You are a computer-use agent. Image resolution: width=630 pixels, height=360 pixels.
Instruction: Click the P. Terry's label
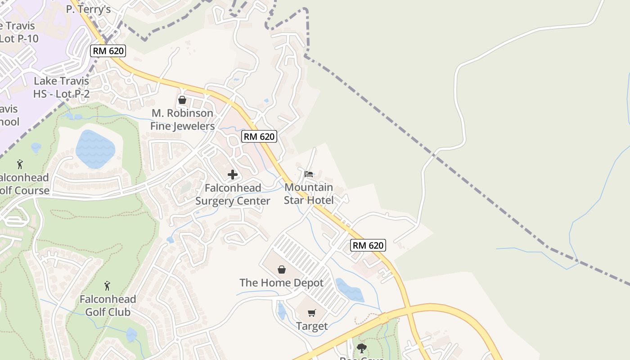pyautogui.click(x=88, y=9)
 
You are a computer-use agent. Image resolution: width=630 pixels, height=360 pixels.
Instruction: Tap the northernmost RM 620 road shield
pyautogui.click(x=108, y=50)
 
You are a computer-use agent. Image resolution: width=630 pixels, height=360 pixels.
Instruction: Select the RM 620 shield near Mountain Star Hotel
pyautogui.click(x=259, y=136)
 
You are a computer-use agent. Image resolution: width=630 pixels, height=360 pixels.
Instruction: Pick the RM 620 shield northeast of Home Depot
pyautogui.click(x=368, y=245)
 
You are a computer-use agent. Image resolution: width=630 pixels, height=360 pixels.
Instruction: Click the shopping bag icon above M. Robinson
pyautogui.click(x=182, y=100)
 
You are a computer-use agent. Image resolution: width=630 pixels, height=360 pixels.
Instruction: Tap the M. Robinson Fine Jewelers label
pyautogui.click(x=182, y=120)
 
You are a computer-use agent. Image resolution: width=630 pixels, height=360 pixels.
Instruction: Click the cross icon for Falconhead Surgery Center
pyautogui.click(x=233, y=175)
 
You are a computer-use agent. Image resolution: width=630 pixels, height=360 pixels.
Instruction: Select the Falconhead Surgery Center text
pyautogui.click(x=233, y=194)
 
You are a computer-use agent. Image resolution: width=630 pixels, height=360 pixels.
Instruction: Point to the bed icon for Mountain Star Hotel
pyautogui.click(x=309, y=174)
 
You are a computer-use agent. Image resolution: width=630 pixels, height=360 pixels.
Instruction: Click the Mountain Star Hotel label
pyautogui.click(x=309, y=193)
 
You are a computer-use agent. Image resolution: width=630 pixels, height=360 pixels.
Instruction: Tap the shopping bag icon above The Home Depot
pyautogui.click(x=281, y=270)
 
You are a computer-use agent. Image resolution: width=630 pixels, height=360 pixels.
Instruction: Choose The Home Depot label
pyautogui.click(x=281, y=283)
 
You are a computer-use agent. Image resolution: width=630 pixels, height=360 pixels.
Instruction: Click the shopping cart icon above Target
pyautogui.click(x=311, y=313)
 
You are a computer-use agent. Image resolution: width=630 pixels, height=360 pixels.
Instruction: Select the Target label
pyautogui.click(x=311, y=326)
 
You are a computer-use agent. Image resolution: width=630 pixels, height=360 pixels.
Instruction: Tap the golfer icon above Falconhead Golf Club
pyautogui.click(x=107, y=286)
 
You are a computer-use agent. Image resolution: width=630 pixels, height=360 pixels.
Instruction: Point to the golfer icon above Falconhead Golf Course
pyautogui.click(x=20, y=164)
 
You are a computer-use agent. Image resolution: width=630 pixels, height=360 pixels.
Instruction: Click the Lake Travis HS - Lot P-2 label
pyautogui.click(x=61, y=87)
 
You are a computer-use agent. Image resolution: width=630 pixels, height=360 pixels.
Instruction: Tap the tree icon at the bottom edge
pyautogui.click(x=361, y=348)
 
